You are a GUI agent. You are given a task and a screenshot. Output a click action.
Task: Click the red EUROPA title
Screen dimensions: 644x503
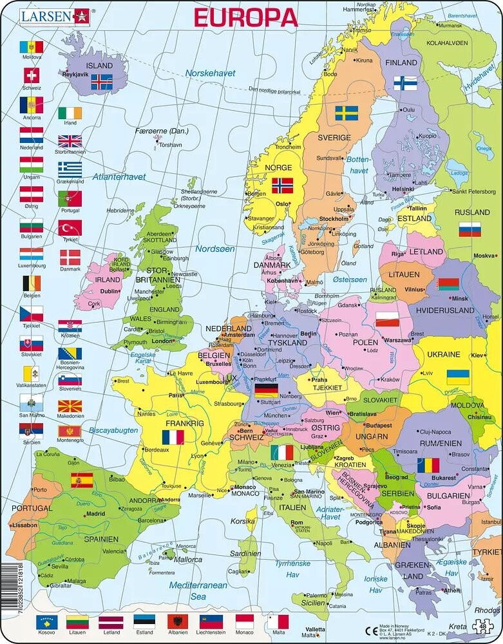click(x=246, y=17)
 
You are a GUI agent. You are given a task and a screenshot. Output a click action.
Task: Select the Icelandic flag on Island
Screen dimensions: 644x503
click(x=101, y=82)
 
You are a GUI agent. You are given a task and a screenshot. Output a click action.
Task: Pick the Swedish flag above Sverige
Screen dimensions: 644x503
click(x=346, y=114)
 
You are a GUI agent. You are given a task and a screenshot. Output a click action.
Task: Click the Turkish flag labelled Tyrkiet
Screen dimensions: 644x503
click(x=70, y=228)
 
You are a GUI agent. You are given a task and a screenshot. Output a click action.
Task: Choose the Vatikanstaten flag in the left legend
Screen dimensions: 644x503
click(x=31, y=374)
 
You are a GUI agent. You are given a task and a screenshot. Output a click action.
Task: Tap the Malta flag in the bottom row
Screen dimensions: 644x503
click(x=278, y=622)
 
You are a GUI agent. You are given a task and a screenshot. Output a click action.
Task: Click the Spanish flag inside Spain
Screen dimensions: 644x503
click(x=82, y=480)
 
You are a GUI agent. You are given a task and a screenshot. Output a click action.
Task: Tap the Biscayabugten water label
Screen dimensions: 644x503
click(x=113, y=430)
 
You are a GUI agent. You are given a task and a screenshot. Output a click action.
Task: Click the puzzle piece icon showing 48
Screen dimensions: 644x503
click(x=482, y=626)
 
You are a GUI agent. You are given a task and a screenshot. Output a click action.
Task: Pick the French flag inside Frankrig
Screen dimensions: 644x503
click(x=173, y=437)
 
